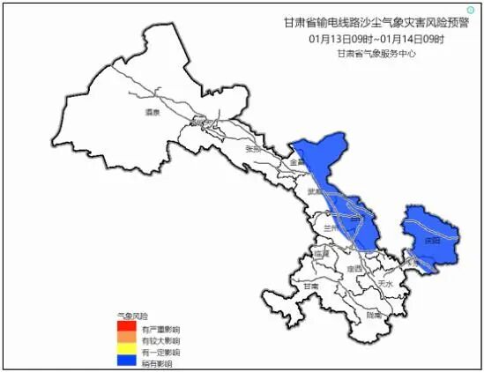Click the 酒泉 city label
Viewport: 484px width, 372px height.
point(152,113)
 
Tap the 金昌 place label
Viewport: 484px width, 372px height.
point(297,163)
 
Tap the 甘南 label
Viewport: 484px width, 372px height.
point(309,286)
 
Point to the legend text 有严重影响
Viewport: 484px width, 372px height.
point(160,329)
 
